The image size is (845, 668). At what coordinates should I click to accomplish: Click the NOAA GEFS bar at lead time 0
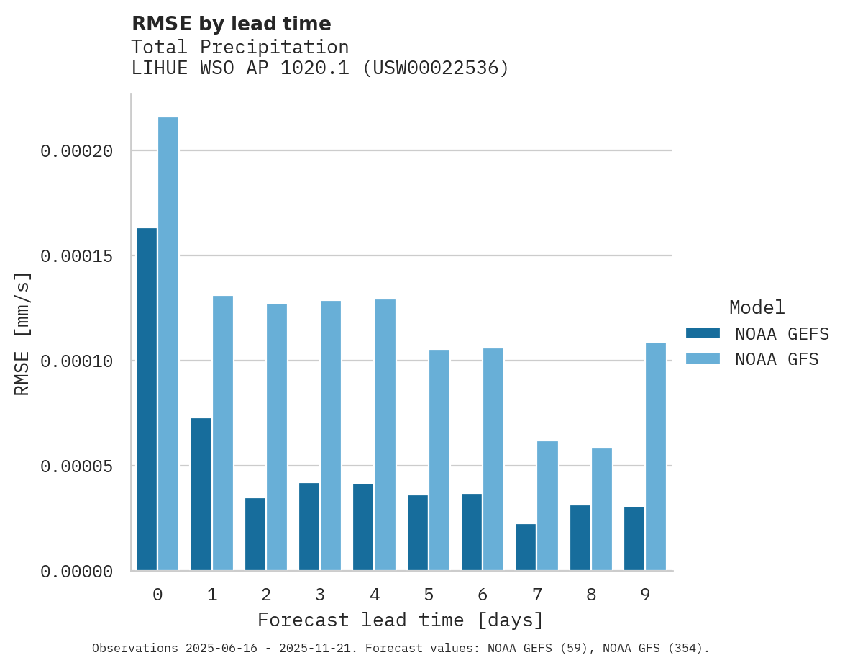[x=147, y=400]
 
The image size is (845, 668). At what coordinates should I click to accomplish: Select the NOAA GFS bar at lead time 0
[x=168, y=344]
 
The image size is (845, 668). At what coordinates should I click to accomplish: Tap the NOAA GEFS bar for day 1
[x=201, y=495]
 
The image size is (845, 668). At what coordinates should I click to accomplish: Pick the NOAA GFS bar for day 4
[x=385, y=435]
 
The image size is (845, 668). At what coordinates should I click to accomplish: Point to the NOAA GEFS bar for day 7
[x=526, y=547]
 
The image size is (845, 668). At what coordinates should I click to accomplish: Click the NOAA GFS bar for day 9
[x=656, y=456]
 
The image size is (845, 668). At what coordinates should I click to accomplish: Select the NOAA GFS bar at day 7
[x=547, y=506]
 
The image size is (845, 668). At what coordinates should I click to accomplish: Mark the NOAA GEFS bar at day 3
[x=309, y=527]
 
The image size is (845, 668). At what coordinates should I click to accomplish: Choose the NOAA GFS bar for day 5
[x=439, y=460]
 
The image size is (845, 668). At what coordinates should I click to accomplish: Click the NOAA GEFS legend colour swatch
[x=703, y=333]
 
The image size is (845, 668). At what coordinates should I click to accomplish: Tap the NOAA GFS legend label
[x=777, y=359]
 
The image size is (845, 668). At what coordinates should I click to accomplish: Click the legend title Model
[x=757, y=307]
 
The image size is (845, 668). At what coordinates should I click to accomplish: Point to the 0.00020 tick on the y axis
[x=77, y=151]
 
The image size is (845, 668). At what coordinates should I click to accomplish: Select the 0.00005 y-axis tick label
[x=77, y=466]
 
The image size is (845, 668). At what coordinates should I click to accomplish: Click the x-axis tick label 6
[x=483, y=595]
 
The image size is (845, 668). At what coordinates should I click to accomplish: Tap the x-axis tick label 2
[x=266, y=595]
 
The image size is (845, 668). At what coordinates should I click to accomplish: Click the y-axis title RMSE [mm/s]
[x=22, y=334]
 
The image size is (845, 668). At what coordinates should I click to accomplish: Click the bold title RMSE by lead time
[x=232, y=24]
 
